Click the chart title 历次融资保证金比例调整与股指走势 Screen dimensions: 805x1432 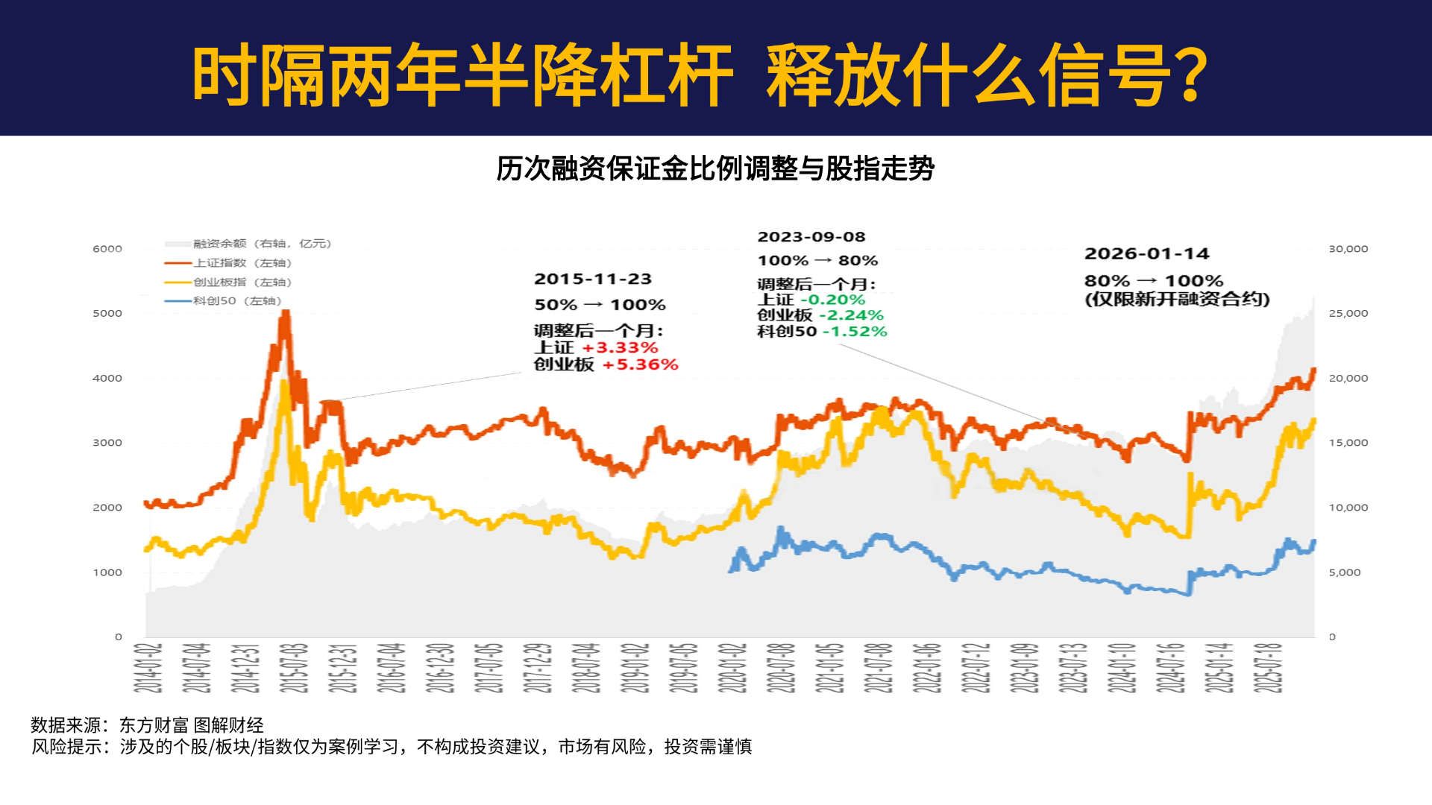715,168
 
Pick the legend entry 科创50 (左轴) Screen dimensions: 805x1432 237,301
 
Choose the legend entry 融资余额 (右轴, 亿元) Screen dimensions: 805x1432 262,244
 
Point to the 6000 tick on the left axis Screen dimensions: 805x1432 107,249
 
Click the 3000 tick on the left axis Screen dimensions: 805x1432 107,443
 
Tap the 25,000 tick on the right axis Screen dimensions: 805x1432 1348,314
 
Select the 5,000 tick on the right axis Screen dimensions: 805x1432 1345,572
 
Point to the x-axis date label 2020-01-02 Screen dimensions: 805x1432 732,668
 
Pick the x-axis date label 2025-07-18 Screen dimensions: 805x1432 1268,668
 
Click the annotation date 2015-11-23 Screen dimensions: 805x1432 593,279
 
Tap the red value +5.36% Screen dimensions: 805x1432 640,364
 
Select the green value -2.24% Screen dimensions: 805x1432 855,315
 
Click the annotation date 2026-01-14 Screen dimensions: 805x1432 1146,253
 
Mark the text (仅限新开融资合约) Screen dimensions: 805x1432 1177,299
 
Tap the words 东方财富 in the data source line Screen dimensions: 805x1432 154,725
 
